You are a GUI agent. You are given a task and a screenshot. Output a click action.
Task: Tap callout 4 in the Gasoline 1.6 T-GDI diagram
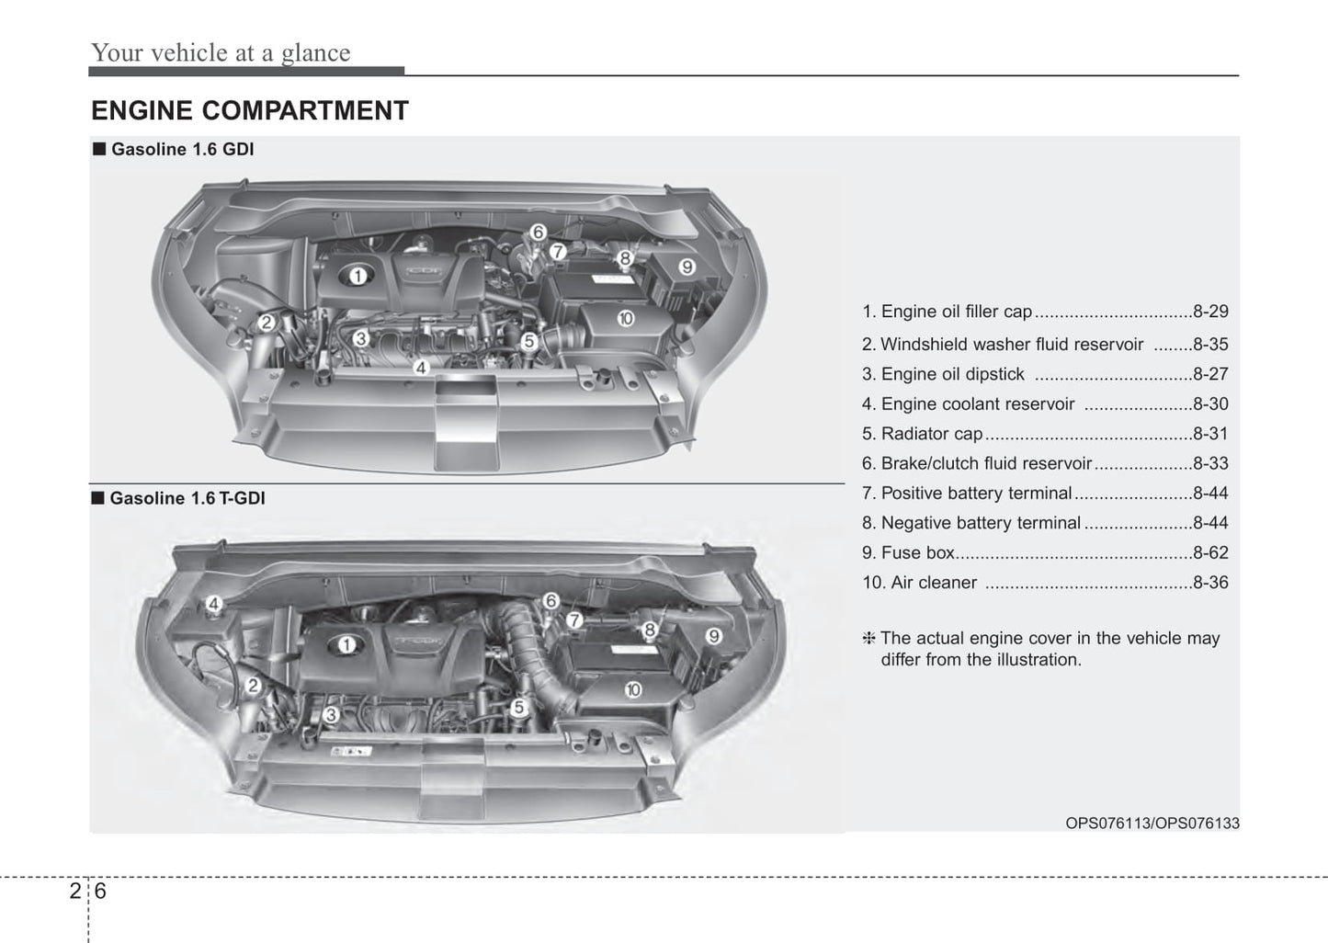[213, 604]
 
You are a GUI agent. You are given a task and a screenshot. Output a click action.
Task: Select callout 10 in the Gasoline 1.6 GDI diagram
[626, 319]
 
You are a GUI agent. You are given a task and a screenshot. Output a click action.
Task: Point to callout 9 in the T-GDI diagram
[713, 636]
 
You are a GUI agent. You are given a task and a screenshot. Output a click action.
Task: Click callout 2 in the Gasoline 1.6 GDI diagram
[267, 323]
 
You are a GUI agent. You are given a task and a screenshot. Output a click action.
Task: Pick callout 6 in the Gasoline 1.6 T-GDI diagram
[550, 601]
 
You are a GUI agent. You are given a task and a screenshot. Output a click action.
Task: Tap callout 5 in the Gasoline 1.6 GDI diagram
[529, 342]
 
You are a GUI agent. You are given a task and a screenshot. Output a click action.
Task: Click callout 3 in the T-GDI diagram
[332, 714]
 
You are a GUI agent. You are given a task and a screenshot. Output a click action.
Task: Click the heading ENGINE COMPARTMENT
[249, 111]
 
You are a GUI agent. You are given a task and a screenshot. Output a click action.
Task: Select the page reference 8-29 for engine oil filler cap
[1209, 312]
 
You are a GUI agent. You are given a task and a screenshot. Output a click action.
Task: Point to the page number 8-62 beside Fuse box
[1209, 552]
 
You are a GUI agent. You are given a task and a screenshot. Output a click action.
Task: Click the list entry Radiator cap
[931, 434]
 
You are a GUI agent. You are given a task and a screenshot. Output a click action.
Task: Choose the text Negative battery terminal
[980, 523]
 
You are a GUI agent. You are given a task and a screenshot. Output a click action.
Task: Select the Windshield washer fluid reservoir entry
[1011, 345]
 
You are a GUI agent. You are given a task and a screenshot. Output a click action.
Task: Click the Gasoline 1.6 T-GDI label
[187, 498]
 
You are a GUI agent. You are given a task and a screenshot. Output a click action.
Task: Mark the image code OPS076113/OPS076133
[1152, 824]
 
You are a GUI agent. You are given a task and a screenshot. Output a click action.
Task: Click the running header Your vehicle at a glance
[221, 53]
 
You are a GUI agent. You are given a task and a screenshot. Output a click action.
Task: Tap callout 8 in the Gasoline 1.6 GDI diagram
[624, 258]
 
